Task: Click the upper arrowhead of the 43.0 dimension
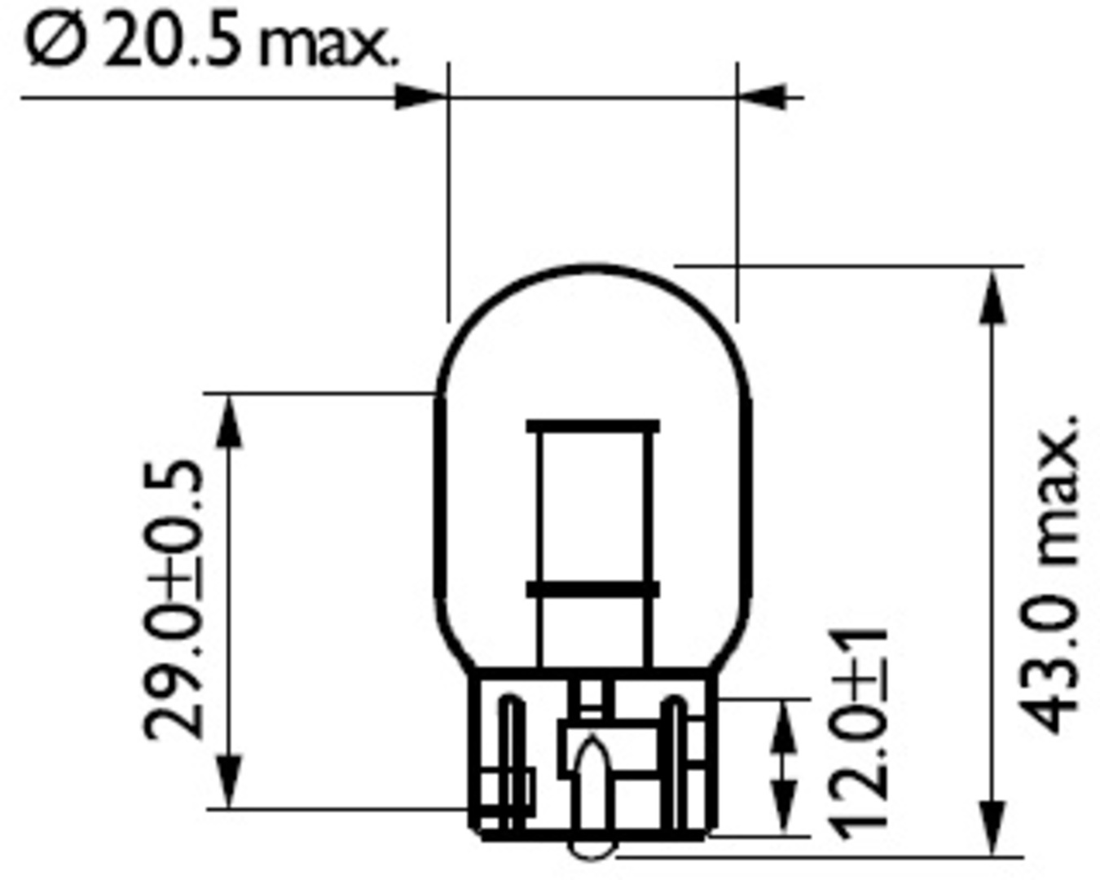pos(992,298)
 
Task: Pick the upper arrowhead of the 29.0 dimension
pos(228,422)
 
